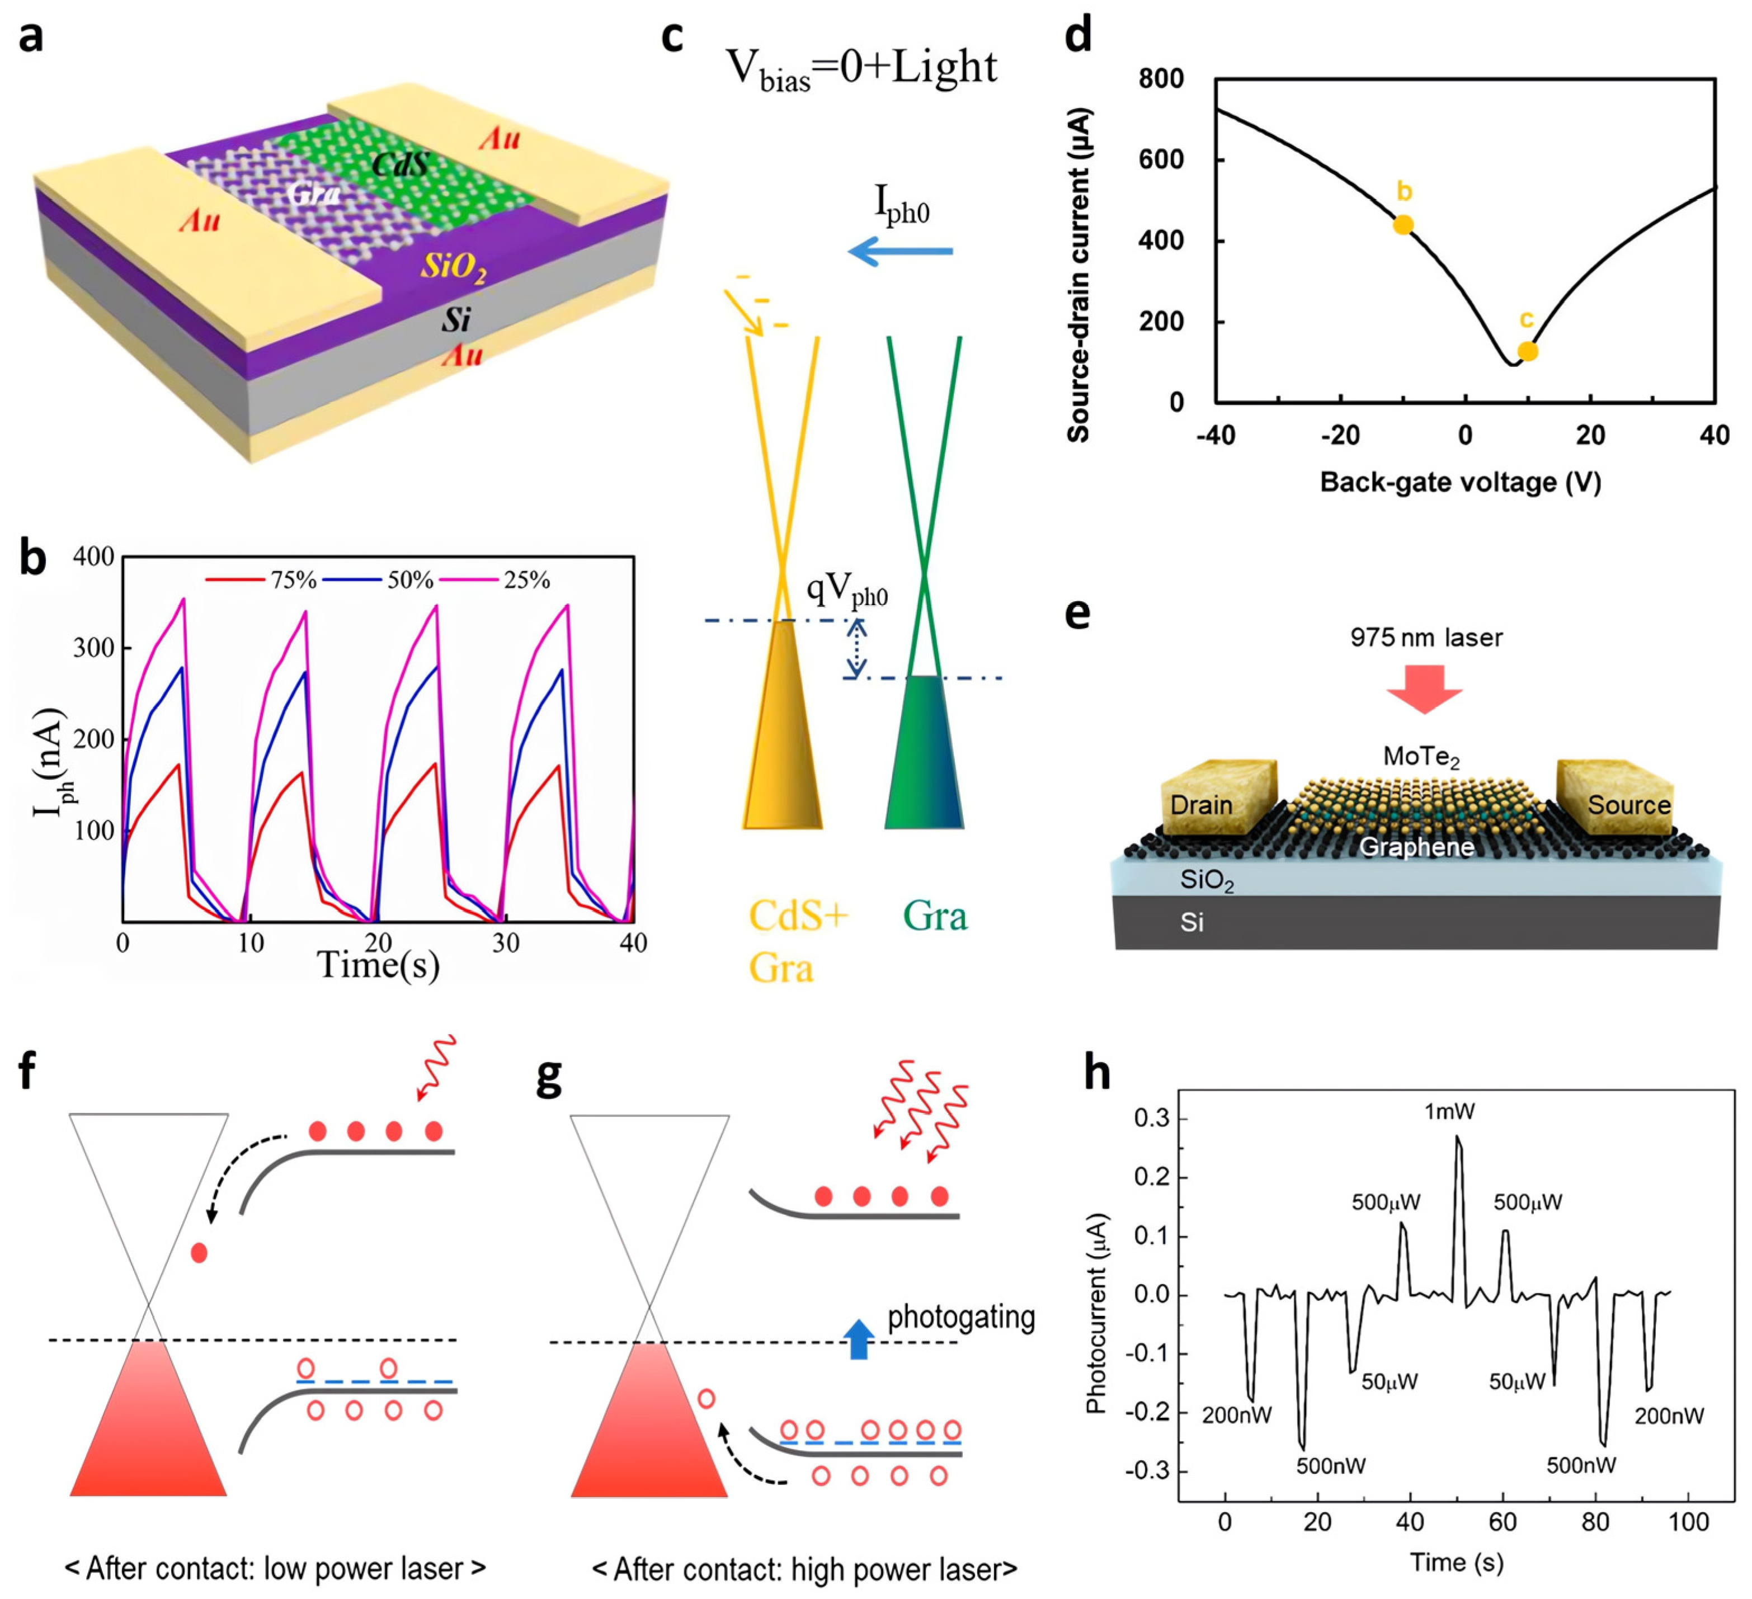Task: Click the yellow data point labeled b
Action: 1402,225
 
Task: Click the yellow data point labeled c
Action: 1528,351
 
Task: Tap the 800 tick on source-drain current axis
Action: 1161,79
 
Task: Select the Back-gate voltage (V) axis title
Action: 1460,482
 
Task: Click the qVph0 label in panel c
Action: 847,590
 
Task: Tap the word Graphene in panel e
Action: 1416,847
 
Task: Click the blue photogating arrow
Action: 859,1339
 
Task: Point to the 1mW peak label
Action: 1449,1111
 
